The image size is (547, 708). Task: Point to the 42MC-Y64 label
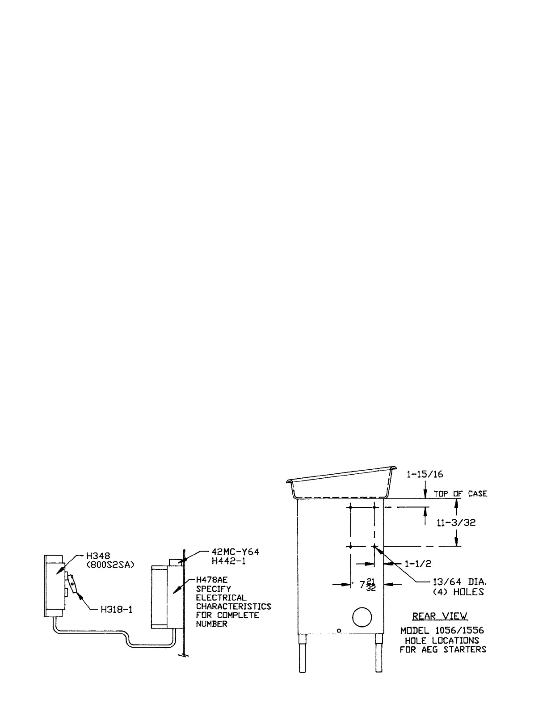(236, 552)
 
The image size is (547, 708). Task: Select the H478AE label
(211, 580)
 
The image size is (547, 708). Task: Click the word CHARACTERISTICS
(233, 607)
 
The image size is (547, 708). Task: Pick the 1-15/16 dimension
(425, 475)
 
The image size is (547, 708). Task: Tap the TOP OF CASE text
(460, 494)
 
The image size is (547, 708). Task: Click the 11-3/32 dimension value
(456, 523)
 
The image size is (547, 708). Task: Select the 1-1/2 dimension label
(418, 564)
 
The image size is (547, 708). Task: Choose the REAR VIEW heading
(440, 616)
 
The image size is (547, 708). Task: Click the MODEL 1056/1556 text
(442, 631)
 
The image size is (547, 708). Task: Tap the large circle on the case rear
(362, 618)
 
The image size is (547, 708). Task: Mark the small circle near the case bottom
(339, 631)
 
